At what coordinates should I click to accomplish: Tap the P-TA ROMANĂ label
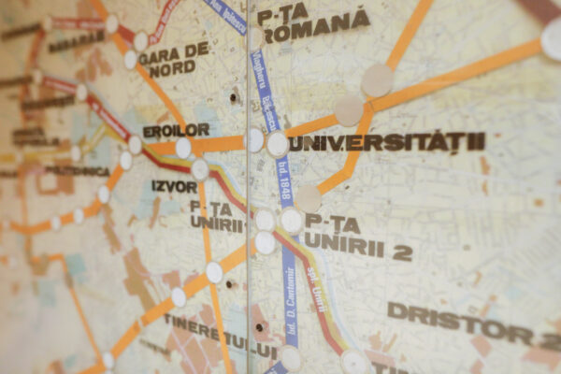(316, 24)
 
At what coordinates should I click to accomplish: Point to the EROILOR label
(176, 130)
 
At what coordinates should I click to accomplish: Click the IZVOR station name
(174, 185)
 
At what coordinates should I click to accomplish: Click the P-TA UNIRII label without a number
(216, 214)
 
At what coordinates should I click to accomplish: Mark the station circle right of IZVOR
(200, 169)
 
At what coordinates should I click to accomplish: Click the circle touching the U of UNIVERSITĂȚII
(278, 144)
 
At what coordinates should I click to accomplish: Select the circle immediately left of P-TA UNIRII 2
(292, 221)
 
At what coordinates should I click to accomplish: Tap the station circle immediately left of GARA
(131, 60)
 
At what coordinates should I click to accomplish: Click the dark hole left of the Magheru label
(233, 96)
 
